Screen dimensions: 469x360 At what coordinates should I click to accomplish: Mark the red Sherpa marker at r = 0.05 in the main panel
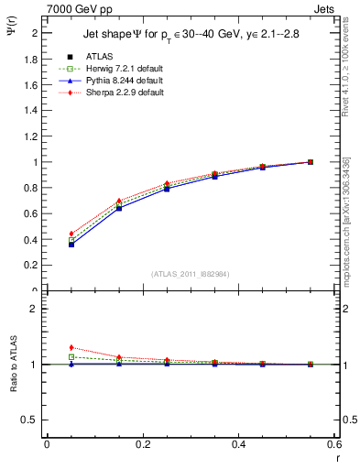[71, 234]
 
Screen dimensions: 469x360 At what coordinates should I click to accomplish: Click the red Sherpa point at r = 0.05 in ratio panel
[71, 347]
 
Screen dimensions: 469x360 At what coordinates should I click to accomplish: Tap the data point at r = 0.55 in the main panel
[311, 162]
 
